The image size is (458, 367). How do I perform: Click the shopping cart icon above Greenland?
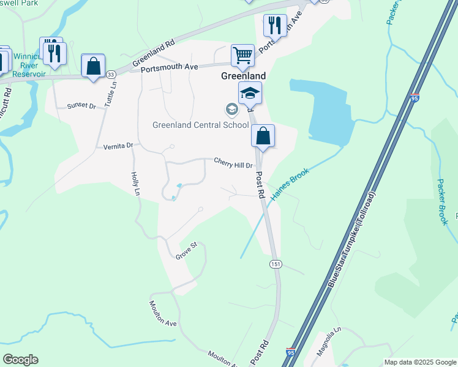(242, 56)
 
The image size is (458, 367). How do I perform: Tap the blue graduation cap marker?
(250, 93)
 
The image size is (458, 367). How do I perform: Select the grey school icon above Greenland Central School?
(231, 110)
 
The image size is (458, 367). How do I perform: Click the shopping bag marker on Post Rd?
(263, 136)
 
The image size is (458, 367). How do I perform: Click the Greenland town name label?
(243, 76)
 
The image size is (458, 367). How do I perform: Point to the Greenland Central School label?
(200, 125)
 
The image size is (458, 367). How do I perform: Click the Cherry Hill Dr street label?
(233, 162)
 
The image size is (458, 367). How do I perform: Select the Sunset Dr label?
(81, 106)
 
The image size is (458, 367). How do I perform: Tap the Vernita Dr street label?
(118, 146)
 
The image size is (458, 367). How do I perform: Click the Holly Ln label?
(135, 183)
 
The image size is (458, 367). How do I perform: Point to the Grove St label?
(186, 250)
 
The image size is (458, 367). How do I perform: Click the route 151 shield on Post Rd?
(276, 263)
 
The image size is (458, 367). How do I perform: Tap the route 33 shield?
(110, 74)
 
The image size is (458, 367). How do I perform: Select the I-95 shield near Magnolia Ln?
(290, 353)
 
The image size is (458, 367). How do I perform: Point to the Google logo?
(20, 360)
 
